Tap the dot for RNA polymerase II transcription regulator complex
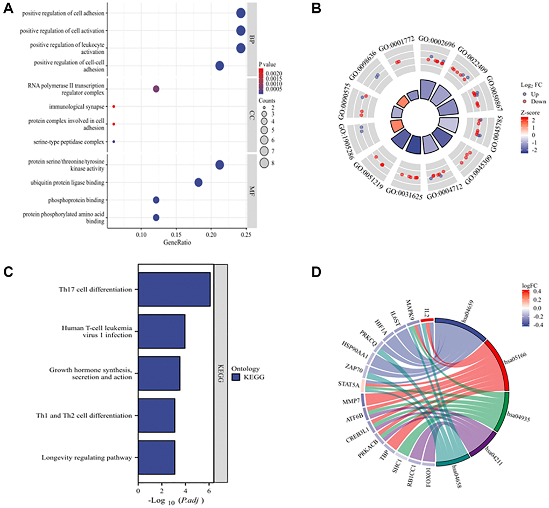point(156,89)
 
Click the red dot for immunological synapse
point(114,107)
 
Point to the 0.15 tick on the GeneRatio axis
point(175,235)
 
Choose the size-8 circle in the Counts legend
point(264,163)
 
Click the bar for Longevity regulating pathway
point(156,458)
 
